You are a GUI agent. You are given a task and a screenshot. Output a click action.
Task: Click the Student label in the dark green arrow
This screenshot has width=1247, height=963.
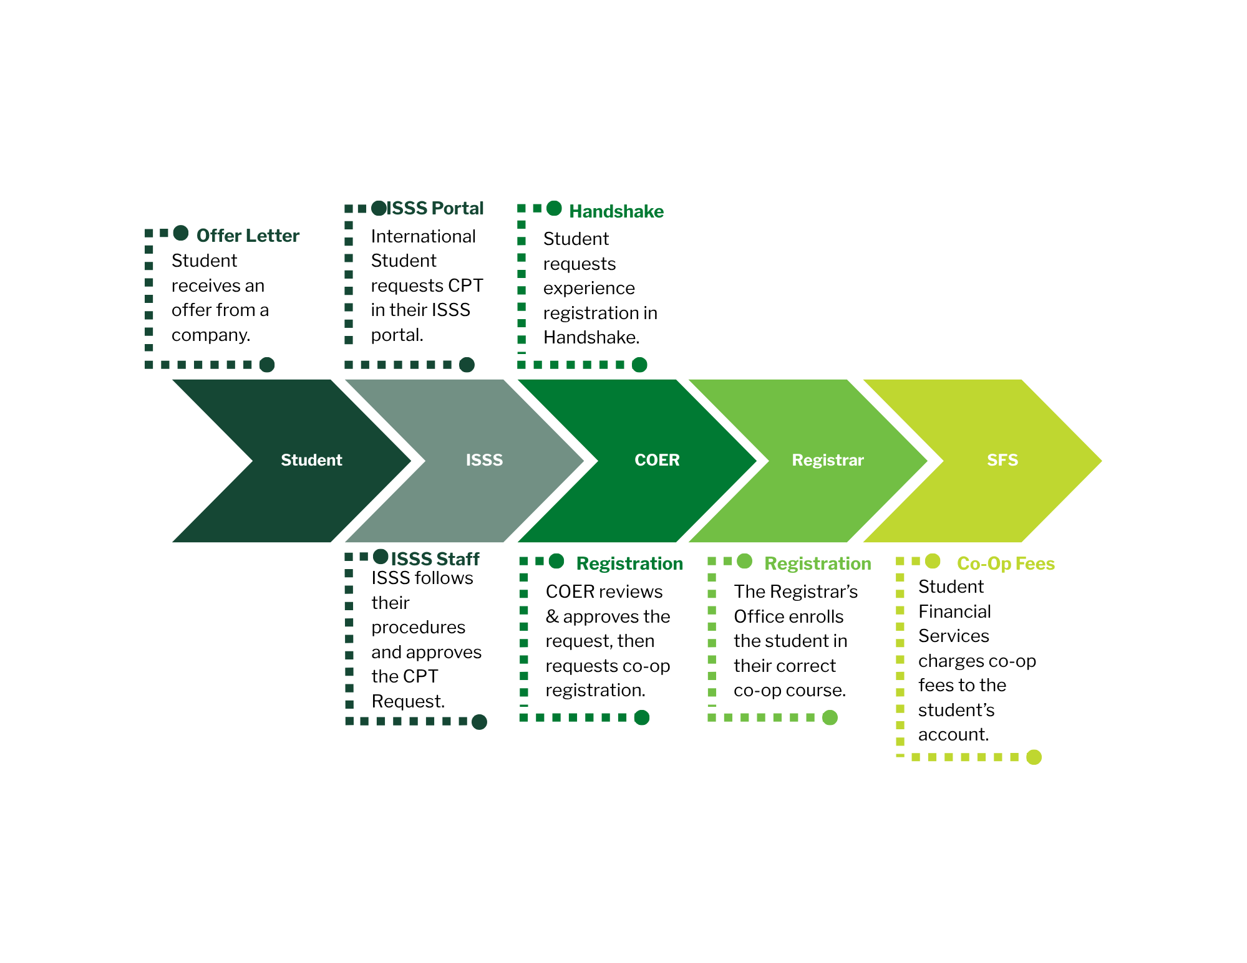[311, 460]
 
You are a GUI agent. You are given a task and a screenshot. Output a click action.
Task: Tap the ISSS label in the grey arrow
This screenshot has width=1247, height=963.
[484, 460]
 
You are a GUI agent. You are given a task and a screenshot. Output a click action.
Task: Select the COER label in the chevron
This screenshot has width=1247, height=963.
[657, 460]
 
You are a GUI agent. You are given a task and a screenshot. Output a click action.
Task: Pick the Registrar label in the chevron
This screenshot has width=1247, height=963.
[828, 461]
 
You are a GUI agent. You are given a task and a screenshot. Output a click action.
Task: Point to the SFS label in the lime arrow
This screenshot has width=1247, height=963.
[1002, 460]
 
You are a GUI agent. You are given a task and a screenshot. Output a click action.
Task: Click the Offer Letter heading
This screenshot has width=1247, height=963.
[248, 236]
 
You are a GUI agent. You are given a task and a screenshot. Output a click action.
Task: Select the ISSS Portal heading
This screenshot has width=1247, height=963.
[435, 208]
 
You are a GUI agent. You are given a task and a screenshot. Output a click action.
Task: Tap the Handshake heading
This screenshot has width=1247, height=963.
[616, 211]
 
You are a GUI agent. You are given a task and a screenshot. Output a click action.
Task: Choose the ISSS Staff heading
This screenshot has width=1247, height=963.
[435, 558]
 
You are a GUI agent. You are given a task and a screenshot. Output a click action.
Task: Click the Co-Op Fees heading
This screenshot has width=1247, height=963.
[1006, 563]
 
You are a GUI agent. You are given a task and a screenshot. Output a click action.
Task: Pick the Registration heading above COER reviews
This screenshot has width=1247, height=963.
[629, 563]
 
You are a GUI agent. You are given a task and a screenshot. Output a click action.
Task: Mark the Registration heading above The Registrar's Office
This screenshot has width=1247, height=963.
[818, 563]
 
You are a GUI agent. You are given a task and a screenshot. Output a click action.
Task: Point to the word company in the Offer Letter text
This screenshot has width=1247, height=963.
[211, 335]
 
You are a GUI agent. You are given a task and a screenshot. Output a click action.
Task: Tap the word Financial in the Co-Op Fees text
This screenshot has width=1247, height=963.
[954, 611]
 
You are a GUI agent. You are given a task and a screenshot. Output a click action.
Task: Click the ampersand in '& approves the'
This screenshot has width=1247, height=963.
[552, 616]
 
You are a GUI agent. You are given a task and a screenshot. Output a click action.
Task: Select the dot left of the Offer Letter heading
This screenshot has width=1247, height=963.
[181, 233]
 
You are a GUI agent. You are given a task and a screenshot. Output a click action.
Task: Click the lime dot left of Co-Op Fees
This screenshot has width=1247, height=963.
[933, 561]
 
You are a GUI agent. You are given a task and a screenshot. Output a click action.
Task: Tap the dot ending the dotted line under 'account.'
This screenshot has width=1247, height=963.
[1034, 757]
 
